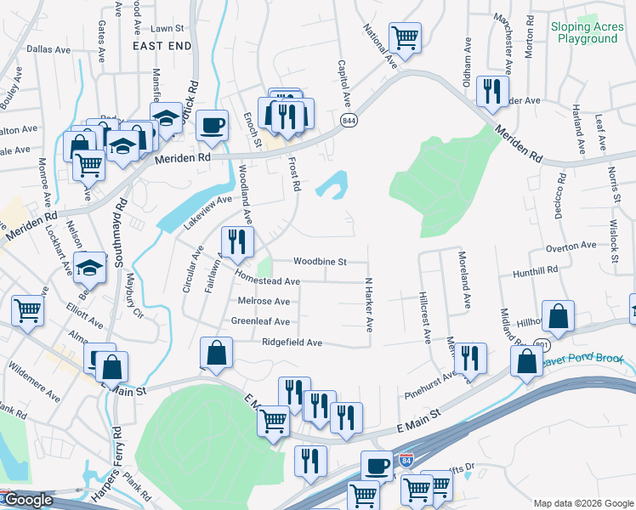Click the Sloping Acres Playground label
point(588,32)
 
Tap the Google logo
point(28,500)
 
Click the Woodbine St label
point(320,262)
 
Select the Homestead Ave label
point(268,280)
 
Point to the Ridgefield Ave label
point(292,343)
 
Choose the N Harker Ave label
point(370,303)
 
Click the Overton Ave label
point(571,246)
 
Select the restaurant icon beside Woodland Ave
point(237,241)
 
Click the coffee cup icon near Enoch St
point(212,126)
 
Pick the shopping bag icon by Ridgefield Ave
point(216,353)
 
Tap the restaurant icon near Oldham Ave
point(492,90)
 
